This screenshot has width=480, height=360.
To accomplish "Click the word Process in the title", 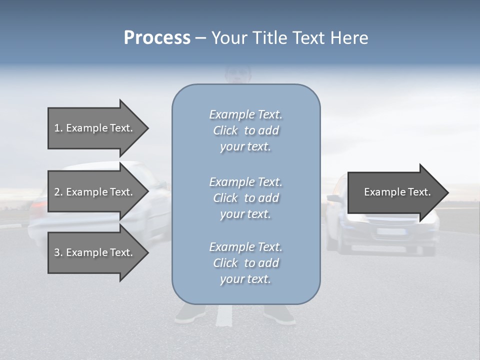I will [x=157, y=38].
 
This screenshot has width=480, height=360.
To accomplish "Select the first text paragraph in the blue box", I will [x=245, y=130].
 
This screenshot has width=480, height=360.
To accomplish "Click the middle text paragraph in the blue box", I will [x=245, y=198].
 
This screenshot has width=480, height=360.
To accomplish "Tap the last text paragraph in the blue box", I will [x=245, y=263].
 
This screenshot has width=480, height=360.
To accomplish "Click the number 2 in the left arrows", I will [x=57, y=192].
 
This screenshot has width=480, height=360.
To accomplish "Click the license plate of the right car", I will [x=390, y=231].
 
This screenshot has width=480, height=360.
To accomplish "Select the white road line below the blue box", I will [x=225, y=315].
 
